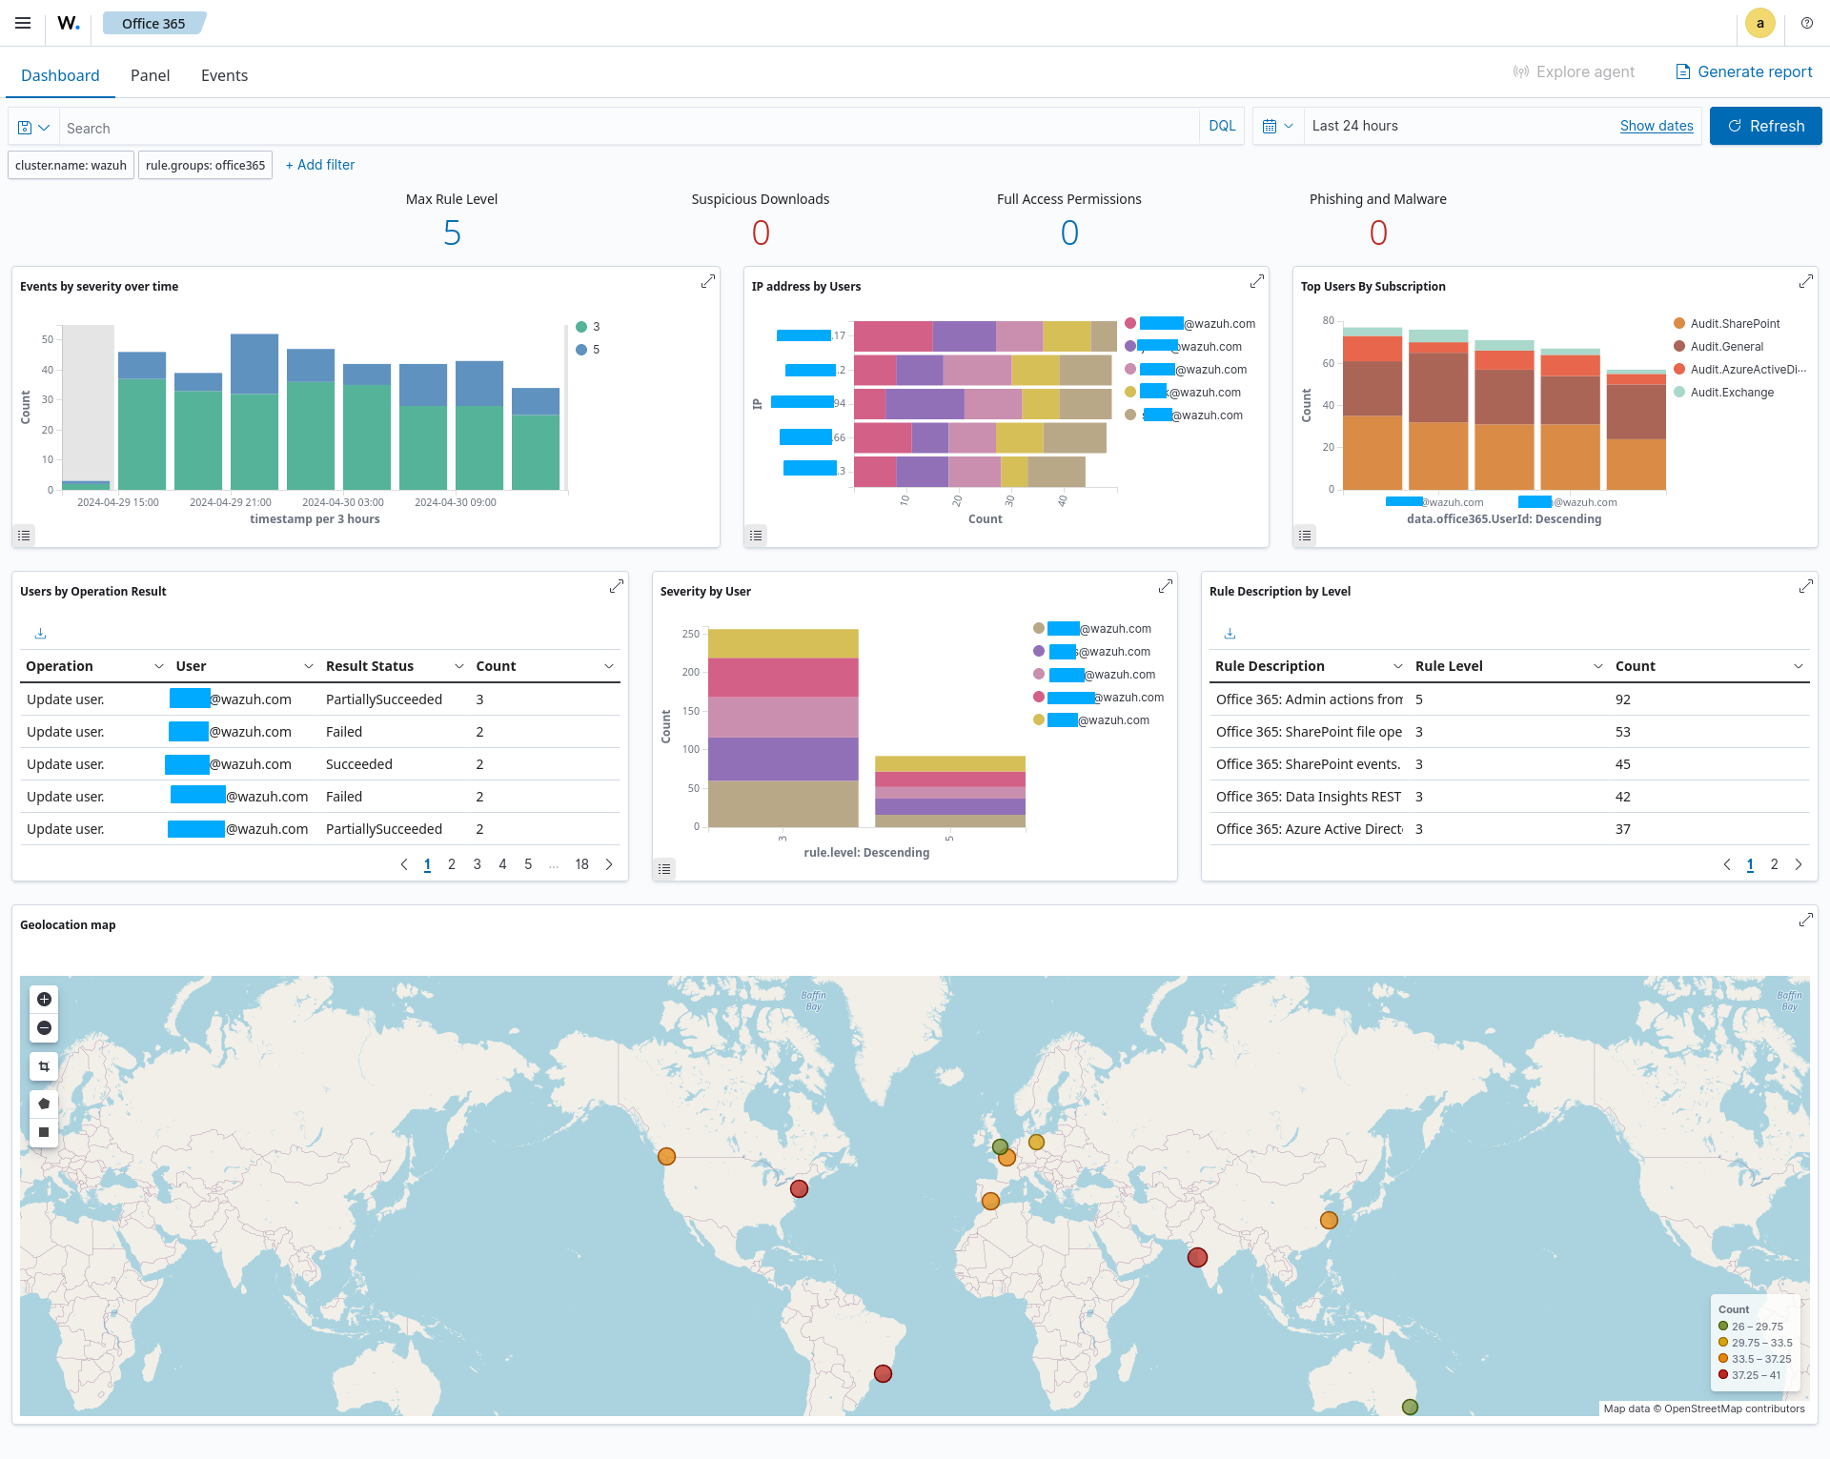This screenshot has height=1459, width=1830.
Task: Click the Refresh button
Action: pyautogui.click(x=1765, y=126)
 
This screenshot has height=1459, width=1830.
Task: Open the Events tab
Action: pyautogui.click(x=224, y=75)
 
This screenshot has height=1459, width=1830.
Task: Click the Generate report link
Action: pyautogui.click(x=1744, y=71)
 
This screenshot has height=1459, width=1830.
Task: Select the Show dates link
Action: pyautogui.click(x=1656, y=126)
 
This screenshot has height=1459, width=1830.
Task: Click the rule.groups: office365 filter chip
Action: pyautogui.click(x=205, y=165)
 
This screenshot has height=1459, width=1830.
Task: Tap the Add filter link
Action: pyautogui.click(x=320, y=165)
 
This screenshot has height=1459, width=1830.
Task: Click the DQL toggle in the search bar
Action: pyautogui.click(x=1221, y=126)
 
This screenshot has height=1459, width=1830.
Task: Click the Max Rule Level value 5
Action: pyautogui.click(x=452, y=233)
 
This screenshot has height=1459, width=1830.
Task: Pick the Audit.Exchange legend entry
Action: pyautogui.click(x=1731, y=393)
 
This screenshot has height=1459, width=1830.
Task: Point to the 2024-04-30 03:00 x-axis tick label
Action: pyautogui.click(x=342, y=502)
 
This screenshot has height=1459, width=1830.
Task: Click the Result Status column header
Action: pyautogui.click(x=370, y=666)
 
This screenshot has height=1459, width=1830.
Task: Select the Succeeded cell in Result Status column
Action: pyautogui.click(x=359, y=764)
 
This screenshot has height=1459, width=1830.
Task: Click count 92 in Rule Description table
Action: pyautogui.click(x=1622, y=699)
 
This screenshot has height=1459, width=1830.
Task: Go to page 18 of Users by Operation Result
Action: pyautogui.click(x=581, y=864)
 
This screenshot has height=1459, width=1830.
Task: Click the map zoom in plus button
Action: pyautogui.click(x=44, y=999)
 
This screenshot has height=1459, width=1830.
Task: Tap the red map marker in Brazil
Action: pyautogui.click(x=883, y=1373)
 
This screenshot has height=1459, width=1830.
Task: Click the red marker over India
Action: pyautogui.click(x=1197, y=1257)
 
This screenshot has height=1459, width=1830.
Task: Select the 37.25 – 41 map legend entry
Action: pyautogui.click(x=1754, y=1375)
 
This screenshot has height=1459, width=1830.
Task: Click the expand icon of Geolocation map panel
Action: pyautogui.click(x=1805, y=920)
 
